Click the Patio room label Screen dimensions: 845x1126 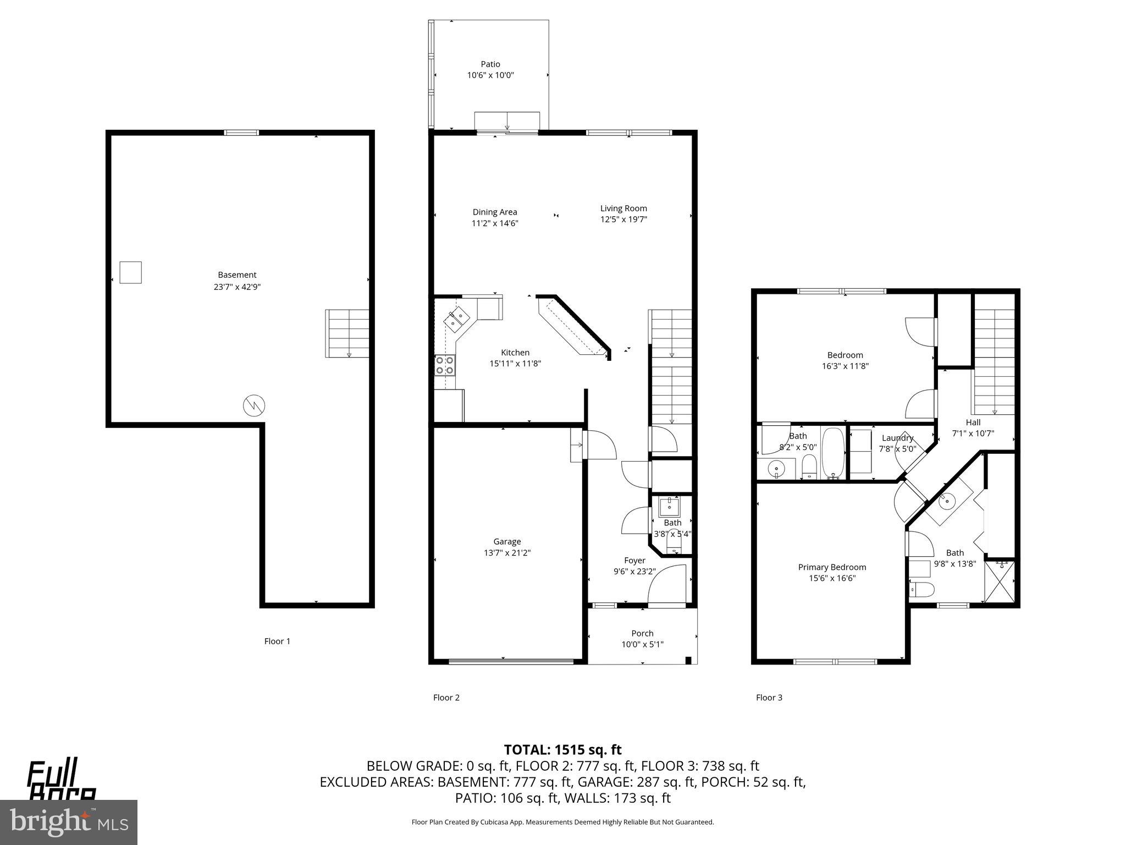coord(490,64)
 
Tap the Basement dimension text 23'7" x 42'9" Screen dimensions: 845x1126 coord(237,287)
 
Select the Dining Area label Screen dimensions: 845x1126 coord(494,212)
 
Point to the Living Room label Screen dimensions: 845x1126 coord(623,208)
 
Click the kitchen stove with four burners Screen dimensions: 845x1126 coord(445,365)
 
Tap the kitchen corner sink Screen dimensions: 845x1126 coord(457,319)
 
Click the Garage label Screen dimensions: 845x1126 coord(506,541)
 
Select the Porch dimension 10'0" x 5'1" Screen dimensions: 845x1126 coord(642,644)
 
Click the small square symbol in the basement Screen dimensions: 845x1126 coord(131,272)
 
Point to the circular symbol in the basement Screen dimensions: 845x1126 coord(254,406)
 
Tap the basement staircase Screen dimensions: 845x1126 coord(347,333)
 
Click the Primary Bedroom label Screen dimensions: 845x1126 coord(832,567)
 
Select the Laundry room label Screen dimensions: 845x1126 coord(897,438)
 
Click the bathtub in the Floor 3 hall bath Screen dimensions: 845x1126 coord(832,453)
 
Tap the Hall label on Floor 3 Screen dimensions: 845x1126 coord(973,422)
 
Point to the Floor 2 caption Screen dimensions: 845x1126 coord(446,698)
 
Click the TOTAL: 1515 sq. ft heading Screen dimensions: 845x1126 coord(562,749)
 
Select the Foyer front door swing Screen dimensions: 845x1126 coord(667,585)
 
